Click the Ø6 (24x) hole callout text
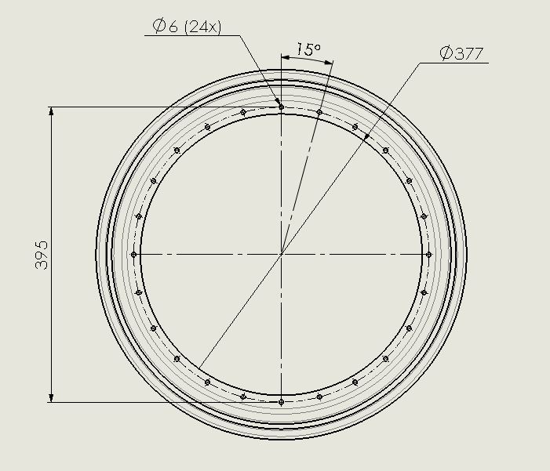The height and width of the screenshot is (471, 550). tap(187, 27)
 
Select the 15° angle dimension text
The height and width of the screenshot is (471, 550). tap(309, 49)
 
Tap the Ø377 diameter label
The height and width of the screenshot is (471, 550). tap(461, 53)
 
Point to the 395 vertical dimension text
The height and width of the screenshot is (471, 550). tap(42, 255)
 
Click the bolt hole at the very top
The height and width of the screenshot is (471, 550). tap(281, 107)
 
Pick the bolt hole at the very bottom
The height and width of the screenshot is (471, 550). tap(281, 402)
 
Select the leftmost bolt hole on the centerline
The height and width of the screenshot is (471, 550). tap(133, 255)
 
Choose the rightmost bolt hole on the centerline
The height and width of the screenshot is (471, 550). tap(428, 255)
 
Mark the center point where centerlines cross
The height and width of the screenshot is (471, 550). tap(281, 254)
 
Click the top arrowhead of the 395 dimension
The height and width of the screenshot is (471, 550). tap(52, 111)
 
